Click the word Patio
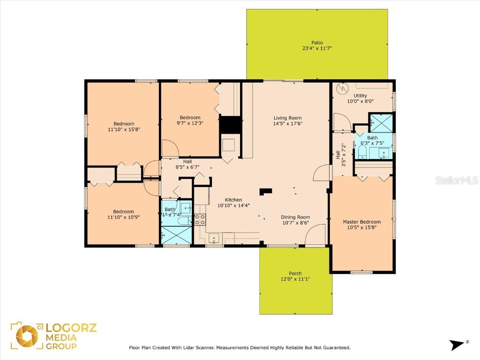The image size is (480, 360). (317, 43)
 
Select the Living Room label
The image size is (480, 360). (287, 118)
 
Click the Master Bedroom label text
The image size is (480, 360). (361, 222)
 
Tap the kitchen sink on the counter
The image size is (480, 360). (213, 238)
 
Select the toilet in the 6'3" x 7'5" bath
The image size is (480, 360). (362, 151)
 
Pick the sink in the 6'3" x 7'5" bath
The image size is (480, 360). (383, 153)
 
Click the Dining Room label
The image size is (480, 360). (295, 217)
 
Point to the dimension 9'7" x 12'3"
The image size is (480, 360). (190, 124)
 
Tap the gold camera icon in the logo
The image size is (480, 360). (27, 336)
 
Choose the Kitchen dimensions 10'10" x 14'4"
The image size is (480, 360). (230, 205)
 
